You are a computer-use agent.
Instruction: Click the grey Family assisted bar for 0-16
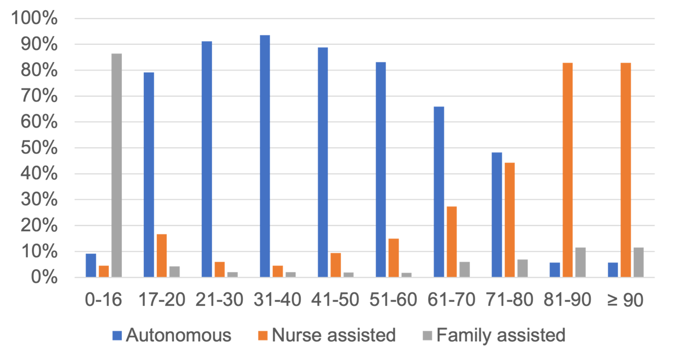click(x=117, y=165)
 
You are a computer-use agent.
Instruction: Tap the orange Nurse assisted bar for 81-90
click(x=567, y=169)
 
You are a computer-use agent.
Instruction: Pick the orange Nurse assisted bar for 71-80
click(x=509, y=219)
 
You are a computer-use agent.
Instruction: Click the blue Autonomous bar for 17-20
click(x=149, y=175)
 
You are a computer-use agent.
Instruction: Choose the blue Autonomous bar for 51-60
click(x=381, y=169)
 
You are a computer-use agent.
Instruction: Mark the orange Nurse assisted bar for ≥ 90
click(x=626, y=169)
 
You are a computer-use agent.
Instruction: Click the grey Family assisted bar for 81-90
click(x=580, y=262)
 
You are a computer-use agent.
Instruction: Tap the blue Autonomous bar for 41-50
click(x=323, y=162)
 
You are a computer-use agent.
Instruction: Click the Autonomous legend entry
click(x=172, y=336)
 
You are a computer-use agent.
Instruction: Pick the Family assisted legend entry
click(x=495, y=336)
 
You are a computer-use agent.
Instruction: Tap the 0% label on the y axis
click(x=44, y=278)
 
